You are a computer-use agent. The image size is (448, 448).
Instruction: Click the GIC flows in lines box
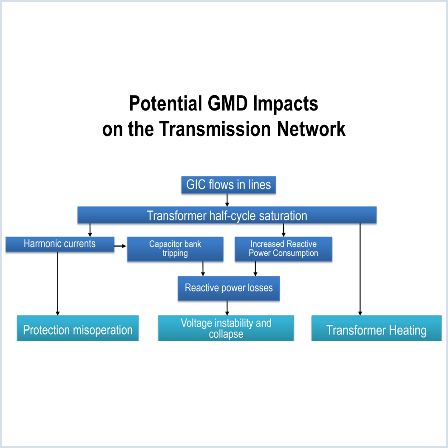228,185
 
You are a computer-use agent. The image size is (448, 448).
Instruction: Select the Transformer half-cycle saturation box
227,215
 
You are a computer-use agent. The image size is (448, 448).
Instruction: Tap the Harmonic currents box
60,244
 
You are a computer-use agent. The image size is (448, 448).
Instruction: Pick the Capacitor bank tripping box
175,249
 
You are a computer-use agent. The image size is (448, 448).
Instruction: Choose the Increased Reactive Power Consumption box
283,249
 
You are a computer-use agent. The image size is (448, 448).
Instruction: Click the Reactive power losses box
229,288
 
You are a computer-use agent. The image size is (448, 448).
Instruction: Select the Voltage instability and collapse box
226,328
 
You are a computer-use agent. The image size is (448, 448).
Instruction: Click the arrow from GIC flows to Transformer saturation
227,200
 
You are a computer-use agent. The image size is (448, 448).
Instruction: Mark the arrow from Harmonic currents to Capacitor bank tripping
121,246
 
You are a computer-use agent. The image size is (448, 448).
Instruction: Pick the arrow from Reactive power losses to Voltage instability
227,308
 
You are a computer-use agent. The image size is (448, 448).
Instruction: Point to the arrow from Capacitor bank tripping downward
203,269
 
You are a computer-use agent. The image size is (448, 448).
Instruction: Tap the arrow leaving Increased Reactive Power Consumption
255,269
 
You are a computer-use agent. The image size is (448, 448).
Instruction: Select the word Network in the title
312,129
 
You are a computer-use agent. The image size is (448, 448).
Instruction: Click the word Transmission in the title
216,129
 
